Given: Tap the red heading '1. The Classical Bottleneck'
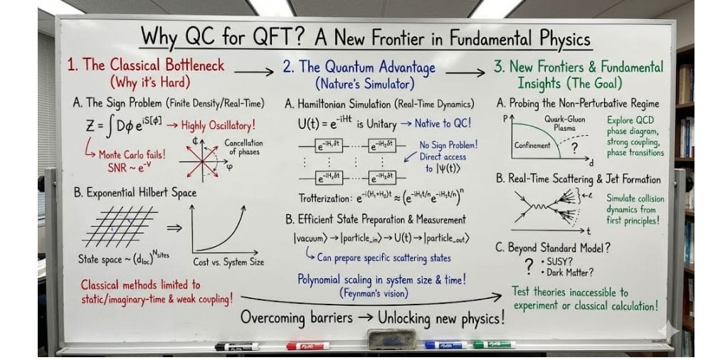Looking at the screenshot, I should (x=145, y=65).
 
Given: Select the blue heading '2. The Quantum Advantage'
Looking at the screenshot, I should (x=359, y=67).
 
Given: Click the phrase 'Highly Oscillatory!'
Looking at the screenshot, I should (x=218, y=126).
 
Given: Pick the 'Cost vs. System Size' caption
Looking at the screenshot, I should (x=228, y=262).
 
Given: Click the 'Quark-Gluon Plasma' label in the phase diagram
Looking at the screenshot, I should (x=565, y=124).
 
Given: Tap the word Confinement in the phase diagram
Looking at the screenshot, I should (x=532, y=145).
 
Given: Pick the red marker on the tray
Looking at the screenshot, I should (x=307, y=346).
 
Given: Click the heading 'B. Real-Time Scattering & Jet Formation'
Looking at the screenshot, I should (x=578, y=179).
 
